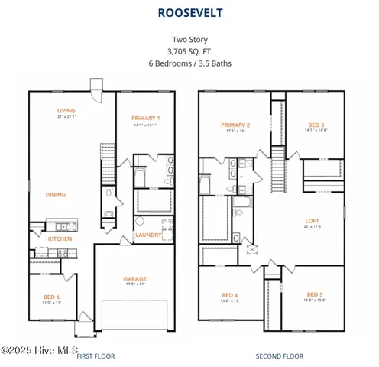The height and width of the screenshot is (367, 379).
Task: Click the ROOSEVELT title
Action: pyautogui.click(x=189, y=13)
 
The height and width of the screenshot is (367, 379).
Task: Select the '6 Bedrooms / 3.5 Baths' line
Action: pyautogui.click(x=189, y=63)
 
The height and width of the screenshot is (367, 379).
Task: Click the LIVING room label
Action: pyautogui.click(x=66, y=111)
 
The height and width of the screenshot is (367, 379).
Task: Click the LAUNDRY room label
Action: pyautogui.click(x=148, y=235)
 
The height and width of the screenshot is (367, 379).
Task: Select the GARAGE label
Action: pyautogui.click(x=134, y=279)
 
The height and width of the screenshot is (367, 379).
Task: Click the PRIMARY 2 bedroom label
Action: pyautogui.click(x=235, y=125)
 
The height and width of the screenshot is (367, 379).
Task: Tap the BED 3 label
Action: pyautogui.click(x=316, y=125)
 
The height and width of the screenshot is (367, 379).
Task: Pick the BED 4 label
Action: pyautogui.click(x=229, y=295)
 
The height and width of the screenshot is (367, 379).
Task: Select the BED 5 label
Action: pyautogui.click(x=315, y=294)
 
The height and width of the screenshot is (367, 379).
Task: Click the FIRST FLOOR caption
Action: pyautogui.click(x=96, y=356)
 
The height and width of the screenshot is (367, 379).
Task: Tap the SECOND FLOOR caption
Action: pyautogui.click(x=279, y=356)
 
